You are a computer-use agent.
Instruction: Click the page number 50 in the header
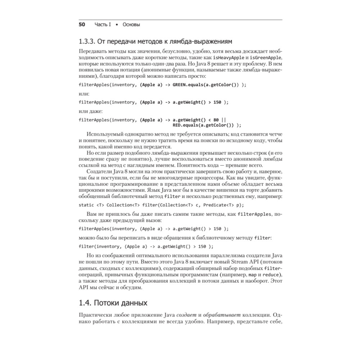pyautogui.click(x=82, y=25)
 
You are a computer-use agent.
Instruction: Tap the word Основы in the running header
pyautogui.click(x=131, y=25)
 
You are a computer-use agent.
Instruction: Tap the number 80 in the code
pyautogui.click(x=216, y=120)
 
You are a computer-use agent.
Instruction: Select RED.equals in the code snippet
pyautogui.click(x=185, y=125)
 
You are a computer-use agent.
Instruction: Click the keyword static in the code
pyautogui.click(x=86, y=205)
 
